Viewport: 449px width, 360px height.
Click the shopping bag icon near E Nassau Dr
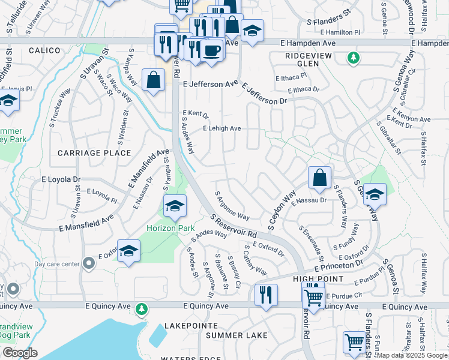[x=320, y=178]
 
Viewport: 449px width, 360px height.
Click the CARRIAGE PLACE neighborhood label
[x=94, y=153]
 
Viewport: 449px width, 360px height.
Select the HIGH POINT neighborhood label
[x=318, y=280]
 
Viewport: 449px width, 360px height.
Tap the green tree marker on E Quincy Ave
[x=142, y=308]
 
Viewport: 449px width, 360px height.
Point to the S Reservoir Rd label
[x=234, y=226]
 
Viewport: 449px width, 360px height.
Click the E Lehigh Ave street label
[x=221, y=128]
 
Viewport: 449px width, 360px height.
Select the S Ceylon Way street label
[x=282, y=211]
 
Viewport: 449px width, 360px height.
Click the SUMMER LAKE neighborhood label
[x=232, y=335]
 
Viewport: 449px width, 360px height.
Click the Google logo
[x=20, y=353]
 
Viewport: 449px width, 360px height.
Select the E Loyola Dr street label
[x=61, y=179]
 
